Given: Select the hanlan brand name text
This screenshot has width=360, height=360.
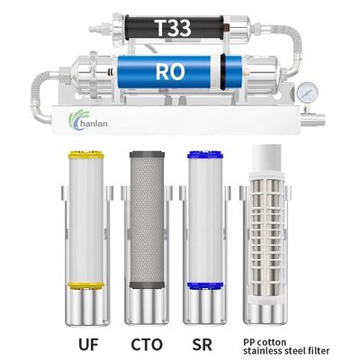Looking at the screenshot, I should [x=96, y=124].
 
